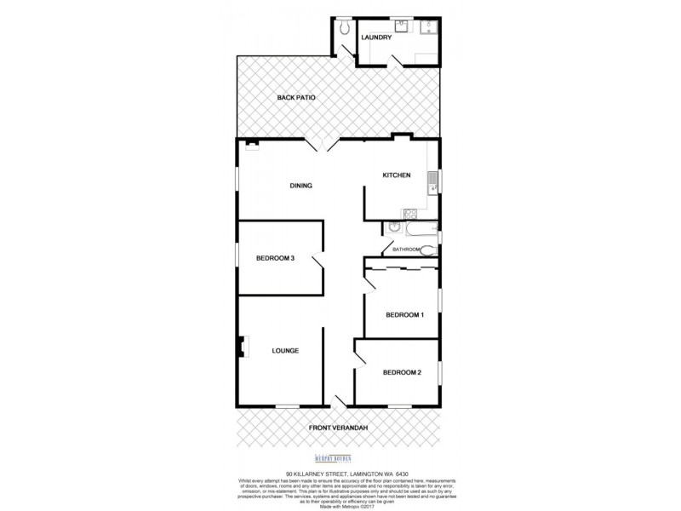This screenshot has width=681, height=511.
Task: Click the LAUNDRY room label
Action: (375, 37)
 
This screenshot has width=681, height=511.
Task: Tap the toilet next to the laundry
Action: (344, 28)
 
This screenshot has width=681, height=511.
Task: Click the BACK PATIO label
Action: (296, 98)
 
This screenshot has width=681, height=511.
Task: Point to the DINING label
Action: (301, 185)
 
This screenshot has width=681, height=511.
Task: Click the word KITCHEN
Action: (396, 175)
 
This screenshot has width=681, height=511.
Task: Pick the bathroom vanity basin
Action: (393, 227)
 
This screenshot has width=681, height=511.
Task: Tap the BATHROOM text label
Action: (407, 250)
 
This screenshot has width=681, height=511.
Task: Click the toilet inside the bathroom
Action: (428, 250)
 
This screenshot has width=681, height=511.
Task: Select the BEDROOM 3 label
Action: (275, 259)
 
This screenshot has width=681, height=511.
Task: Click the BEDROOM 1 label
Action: (404, 315)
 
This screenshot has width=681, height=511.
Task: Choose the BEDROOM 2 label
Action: (401, 372)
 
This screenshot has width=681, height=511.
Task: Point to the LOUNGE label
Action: (285, 350)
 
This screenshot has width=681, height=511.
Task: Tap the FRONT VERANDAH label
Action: (340, 428)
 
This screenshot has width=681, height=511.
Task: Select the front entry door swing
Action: (340, 399)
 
